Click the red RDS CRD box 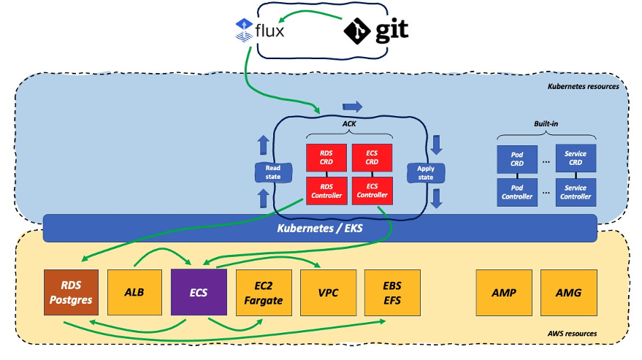[326, 157]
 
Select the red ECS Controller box [372, 191]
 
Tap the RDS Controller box [326, 191]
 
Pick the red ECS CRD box [372, 157]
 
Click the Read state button [273, 172]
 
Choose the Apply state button [426, 173]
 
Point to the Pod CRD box [517, 159]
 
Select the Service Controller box [576, 192]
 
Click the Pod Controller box [517, 192]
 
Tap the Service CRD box [576, 158]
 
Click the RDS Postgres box [72, 292]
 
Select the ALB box [134, 292]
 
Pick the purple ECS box [199, 292]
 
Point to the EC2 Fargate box [264, 293]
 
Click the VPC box [329, 293]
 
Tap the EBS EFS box [392, 293]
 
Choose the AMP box [504, 293]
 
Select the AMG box [569, 293]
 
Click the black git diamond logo [357, 31]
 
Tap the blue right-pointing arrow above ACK [353, 107]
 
